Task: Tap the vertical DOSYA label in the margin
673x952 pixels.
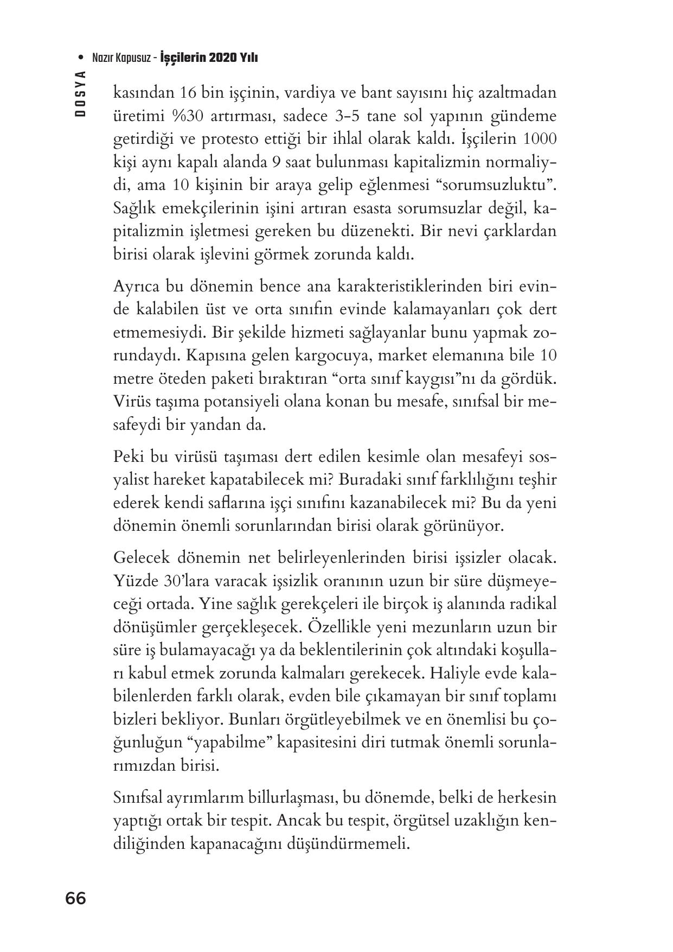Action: coord(81,94)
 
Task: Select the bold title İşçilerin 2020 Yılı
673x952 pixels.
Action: coord(209,58)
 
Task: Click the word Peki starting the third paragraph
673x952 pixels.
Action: coord(128,457)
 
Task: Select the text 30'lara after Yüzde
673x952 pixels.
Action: coord(187,581)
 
